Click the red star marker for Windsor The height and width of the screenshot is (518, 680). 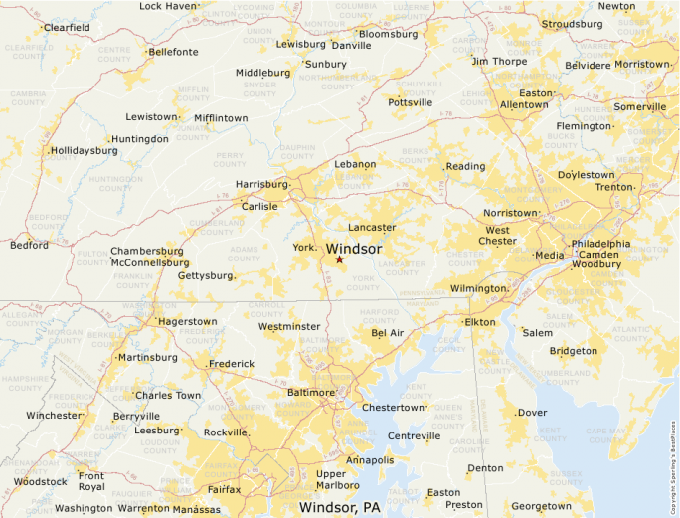click(339, 259)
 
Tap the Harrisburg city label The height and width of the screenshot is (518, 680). click(260, 184)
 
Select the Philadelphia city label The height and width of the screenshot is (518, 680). click(600, 244)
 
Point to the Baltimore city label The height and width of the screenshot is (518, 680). click(310, 393)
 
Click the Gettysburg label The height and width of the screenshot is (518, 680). click(204, 275)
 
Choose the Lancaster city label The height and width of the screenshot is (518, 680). click(371, 228)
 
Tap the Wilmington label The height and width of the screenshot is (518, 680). click(478, 288)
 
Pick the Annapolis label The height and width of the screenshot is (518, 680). click(369, 460)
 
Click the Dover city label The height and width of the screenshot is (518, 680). click(532, 412)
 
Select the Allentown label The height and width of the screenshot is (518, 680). click(523, 104)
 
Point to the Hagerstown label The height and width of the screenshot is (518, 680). click(187, 322)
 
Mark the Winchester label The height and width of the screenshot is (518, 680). click(54, 416)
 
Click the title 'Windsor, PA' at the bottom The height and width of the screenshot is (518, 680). click(339, 507)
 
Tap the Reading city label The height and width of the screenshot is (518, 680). click(465, 166)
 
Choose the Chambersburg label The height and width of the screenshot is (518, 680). click(147, 251)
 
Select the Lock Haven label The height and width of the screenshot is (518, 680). click(168, 6)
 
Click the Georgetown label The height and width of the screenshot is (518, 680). click(541, 506)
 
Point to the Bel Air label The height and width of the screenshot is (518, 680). click(388, 333)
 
